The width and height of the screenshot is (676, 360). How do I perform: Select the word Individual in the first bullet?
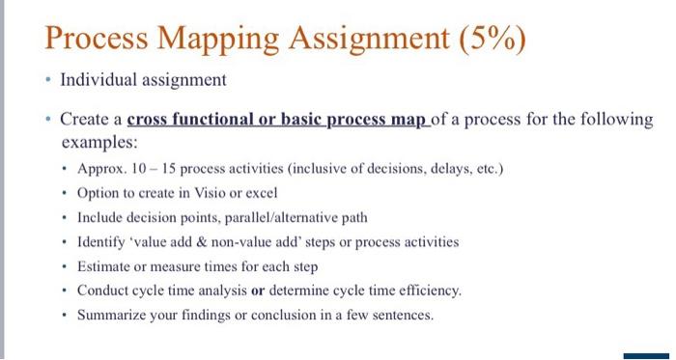tap(100, 80)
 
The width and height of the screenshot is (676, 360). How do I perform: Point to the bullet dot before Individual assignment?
tap(47, 81)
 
